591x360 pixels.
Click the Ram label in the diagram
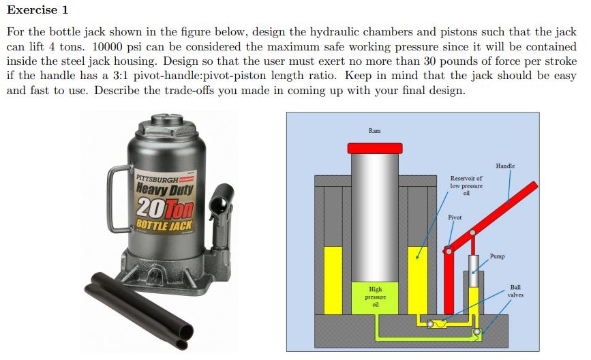click(x=374, y=130)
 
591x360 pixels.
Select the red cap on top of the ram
click(x=374, y=148)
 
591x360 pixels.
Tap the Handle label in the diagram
click(x=505, y=166)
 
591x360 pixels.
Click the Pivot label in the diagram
click(x=455, y=217)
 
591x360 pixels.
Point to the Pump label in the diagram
click(x=497, y=256)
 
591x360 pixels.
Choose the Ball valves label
click(x=515, y=291)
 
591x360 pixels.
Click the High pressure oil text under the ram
click(x=375, y=297)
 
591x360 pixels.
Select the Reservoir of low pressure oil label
click(x=466, y=185)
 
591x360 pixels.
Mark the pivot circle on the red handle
click(x=448, y=251)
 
